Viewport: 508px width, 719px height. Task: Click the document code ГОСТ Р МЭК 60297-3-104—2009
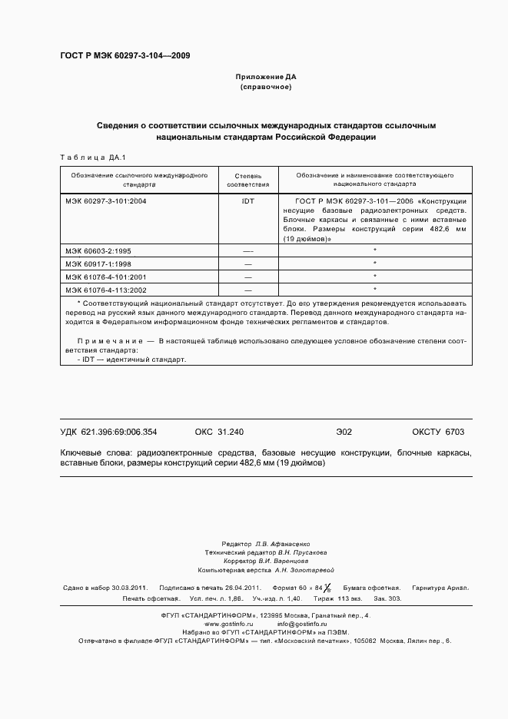pyautogui.click(x=125, y=56)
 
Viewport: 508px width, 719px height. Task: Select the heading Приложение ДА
pyautogui.click(x=265, y=77)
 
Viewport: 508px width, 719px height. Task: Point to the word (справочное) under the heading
pyautogui.click(x=265, y=88)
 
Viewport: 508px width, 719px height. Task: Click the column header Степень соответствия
pyautogui.click(x=247, y=180)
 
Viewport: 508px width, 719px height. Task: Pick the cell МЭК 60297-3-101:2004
pyautogui.click(x=105, y=200)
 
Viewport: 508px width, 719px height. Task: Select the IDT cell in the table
pyautogui.click(x=247, y=200)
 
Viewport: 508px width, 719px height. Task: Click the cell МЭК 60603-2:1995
pyautogui.click(x=98, y=250)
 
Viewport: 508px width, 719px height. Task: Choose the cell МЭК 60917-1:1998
pyautogui.click(x=98, y=263)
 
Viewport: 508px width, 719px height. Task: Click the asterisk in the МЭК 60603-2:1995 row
pyautogui.click(x=374, y=250)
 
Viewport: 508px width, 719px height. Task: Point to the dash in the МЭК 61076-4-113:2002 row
pyautogui.click(x=247, y=290)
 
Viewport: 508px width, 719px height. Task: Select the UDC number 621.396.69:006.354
pyautogui.click(x=121, y=432)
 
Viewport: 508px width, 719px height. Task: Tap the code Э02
pyautogui.click(x=344, y=432)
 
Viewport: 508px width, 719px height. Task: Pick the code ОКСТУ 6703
pyautogui.click(x=438, y=432)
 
